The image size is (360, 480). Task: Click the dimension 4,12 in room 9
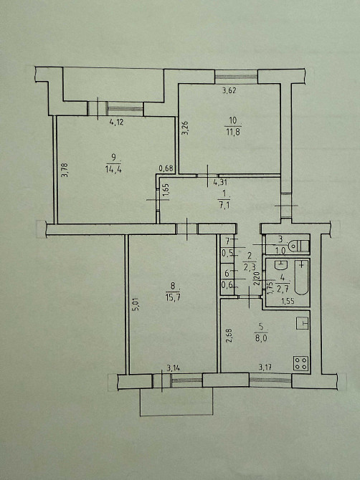116,123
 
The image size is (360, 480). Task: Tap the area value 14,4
113,169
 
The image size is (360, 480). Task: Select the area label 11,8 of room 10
232,132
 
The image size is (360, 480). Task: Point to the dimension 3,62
229,90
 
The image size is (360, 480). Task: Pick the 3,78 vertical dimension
65,171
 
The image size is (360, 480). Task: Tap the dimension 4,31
220,183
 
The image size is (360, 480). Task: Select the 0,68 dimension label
166,168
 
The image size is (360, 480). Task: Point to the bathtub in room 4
301,277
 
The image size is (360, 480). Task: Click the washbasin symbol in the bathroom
280,265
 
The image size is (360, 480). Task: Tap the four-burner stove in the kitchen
300,363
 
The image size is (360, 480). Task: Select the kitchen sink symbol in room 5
303,323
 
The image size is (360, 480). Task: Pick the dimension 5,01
136,304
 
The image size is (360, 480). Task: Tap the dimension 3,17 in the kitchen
265,367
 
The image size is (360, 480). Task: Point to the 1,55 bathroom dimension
288,301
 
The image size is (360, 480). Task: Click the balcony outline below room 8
176,415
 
